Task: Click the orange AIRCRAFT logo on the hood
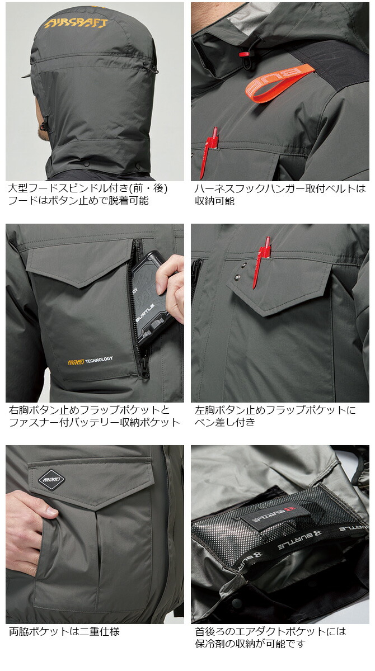point(76,23)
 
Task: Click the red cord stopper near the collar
point(245,54)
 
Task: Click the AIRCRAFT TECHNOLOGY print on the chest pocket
point(90,361)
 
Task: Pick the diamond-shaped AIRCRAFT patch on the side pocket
point(51,479)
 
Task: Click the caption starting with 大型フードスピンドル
point(88,195)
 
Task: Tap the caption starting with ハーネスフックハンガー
point(280,195)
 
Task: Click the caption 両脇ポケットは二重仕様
point(64,631)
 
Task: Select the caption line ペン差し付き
point(225,422)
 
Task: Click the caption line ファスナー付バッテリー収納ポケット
point(95,422)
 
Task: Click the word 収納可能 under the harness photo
point(214,201)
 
